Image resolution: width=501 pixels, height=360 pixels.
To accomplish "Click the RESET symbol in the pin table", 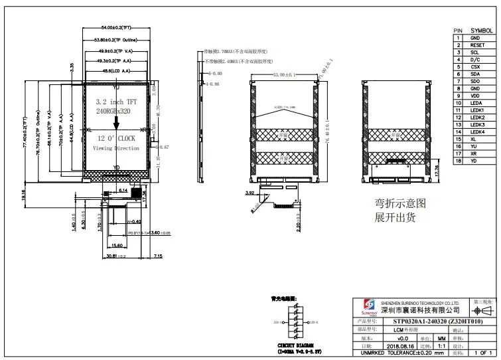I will (x=477, y=45).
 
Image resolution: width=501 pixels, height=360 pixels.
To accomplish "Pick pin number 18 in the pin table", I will (x=458, y=161).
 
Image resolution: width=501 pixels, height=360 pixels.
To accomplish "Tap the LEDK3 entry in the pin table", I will (x=478, y=125).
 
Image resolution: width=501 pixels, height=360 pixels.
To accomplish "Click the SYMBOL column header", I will (x=481, y=31).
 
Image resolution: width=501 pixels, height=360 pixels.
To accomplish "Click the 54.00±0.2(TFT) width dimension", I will (x=115, y=28).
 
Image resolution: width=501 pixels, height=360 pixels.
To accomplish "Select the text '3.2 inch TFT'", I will (x=116, y=102).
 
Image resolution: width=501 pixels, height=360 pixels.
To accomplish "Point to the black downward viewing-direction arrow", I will (x=116, y=120).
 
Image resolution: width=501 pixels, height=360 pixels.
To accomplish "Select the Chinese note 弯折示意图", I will (x=399, y=203).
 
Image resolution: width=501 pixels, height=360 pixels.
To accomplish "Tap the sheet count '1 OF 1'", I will (x=483, y=353).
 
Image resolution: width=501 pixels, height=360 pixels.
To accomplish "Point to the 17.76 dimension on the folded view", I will (x=436, y=171).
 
